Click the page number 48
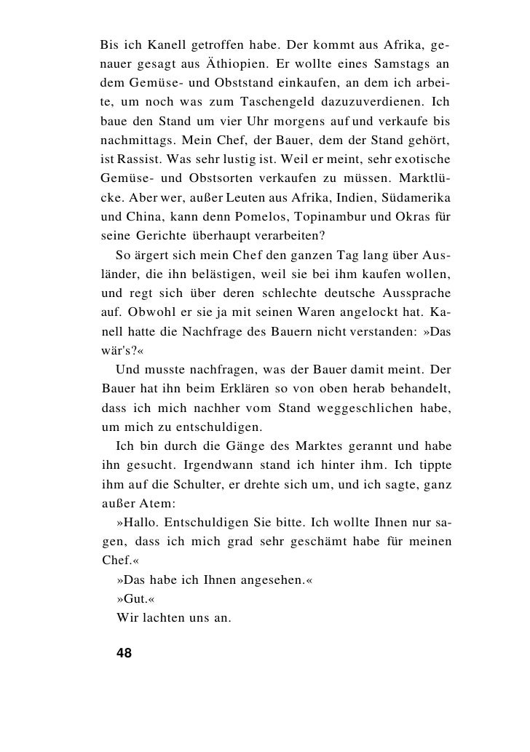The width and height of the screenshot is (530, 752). coord(124,652)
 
